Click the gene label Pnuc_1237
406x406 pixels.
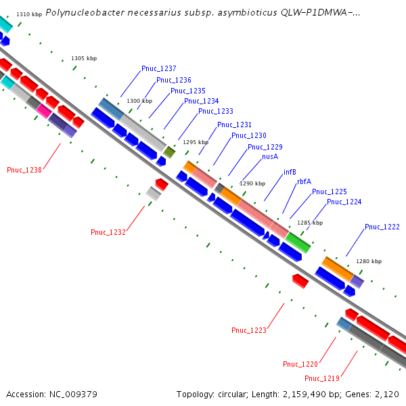pos(159,68)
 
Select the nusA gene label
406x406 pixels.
pos(270,156)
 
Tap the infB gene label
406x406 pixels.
pos(290,171)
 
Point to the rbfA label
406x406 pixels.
pos(304,181)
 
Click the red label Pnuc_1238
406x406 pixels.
pos(24,170)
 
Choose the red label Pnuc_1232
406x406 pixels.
pos(108,232)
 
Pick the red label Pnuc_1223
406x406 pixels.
pos(249,330)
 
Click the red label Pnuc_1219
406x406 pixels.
pos(322,378)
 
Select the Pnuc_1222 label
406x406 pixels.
pos(382,227)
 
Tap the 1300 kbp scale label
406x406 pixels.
pos(139,101)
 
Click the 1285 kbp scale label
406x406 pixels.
pos(310,223)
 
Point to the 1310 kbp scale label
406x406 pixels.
pos(29,14)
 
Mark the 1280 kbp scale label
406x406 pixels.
pos(369,261)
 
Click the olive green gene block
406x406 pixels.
pos(169,152)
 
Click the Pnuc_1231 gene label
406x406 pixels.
pos(234,125)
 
